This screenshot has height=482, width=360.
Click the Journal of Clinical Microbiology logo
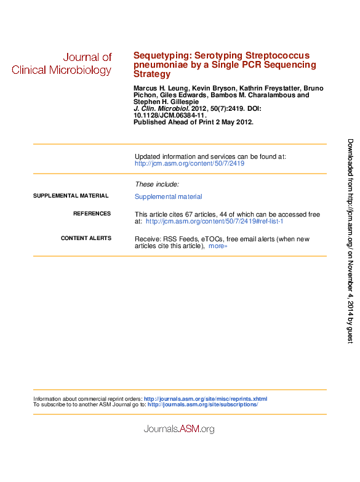(62, 63)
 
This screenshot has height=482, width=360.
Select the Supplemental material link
(168, 197)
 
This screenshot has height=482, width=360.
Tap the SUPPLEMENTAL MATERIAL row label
(70, 196)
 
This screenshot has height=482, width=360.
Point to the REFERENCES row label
(92, 214)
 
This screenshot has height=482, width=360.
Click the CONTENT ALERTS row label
(86, 238)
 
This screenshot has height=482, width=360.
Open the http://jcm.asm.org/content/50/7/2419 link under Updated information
(190, 164)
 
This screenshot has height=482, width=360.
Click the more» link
(218, 246)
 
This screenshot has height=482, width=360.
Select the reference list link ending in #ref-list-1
(214, 221)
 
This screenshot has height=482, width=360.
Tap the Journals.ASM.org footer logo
(179, 428)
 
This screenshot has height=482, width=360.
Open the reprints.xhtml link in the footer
(206, 399)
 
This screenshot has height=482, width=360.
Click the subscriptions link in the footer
(202, 404)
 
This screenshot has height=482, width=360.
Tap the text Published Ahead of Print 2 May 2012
(193, 122)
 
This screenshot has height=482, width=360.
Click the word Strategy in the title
(151, 74)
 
